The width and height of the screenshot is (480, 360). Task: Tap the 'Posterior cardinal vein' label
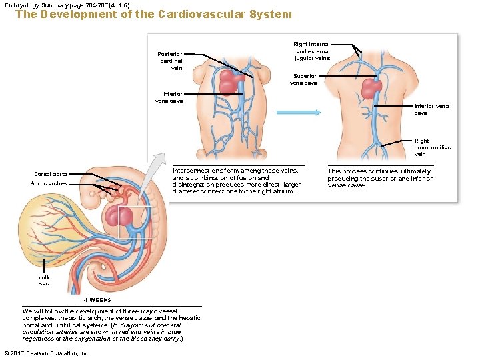[169, 61]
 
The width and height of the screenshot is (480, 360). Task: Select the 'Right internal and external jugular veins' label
[312, 51]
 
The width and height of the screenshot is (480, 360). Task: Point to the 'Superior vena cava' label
[303, 79]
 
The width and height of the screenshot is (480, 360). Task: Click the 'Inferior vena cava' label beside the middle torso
[169, 97]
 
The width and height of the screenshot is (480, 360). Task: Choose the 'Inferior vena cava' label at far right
[431, 109]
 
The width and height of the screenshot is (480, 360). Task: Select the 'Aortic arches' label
[49, 183]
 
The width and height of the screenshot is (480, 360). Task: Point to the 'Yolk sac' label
[44, 280]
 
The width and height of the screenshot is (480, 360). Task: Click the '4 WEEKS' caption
[91, 300]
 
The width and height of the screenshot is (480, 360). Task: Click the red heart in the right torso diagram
[371, 89]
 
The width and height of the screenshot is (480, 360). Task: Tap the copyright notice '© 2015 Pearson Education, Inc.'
[47, 353]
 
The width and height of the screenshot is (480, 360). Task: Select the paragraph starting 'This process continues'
[379, 178]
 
